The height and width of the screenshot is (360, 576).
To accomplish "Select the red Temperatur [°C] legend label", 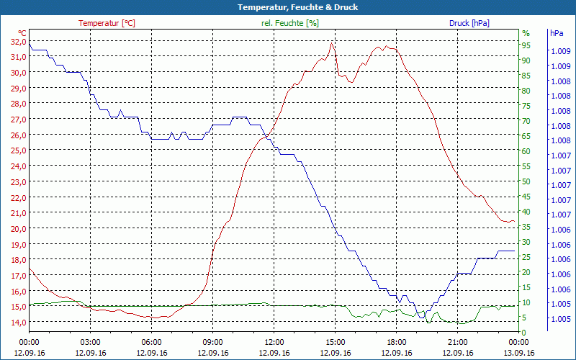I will [107, 23].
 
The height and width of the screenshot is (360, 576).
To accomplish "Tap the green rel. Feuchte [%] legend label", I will [290, 23].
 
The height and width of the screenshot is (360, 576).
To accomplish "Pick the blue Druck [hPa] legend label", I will [469, 23].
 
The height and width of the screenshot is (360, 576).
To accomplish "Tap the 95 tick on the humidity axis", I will [526, 45].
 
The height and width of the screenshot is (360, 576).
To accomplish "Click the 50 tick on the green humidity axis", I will [526, 181].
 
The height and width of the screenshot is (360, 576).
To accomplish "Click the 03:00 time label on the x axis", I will [90, 342].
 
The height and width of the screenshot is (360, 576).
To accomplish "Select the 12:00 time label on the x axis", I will [274, 342].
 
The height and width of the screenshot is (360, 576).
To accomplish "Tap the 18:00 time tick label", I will [397, 342].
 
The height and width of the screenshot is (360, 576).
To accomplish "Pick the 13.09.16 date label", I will [519, 353].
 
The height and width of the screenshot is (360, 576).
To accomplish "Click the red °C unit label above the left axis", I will [22, 33].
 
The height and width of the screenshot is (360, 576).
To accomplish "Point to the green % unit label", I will [526, 33].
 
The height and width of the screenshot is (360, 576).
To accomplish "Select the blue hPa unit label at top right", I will [557, 33].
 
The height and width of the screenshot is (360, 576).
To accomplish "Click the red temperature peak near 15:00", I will [332, 42].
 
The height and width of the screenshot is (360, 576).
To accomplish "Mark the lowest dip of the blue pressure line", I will [419, 317].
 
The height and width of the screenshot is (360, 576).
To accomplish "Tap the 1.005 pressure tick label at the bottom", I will [561, 319].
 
